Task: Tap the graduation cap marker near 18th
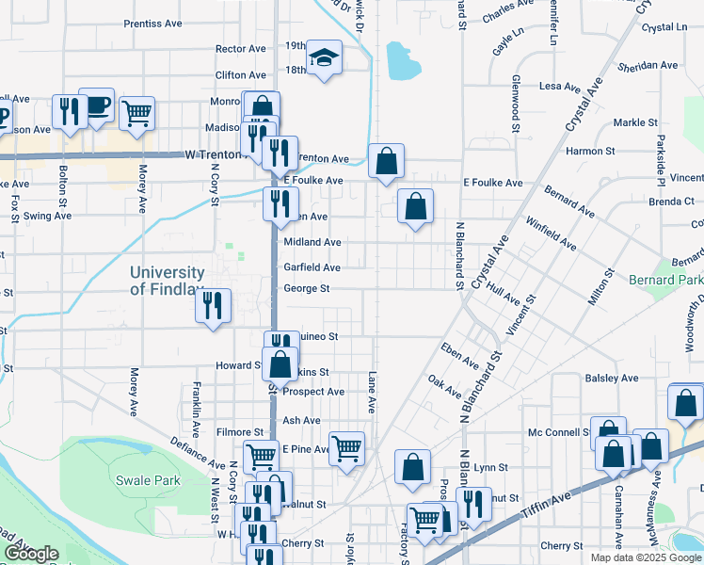coord(325,60)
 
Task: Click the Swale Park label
coord(148,480)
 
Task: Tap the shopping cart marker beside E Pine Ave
coord(347,449)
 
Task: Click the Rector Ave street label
coord(241,48)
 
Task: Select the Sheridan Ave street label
coord(648,66)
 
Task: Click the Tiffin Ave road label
coord(547,508)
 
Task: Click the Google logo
coord(33,554)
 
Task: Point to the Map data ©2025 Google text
coord(645,557)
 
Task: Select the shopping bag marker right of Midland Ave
coord(415,205)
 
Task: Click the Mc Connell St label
coord(559,432)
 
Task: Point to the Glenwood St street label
coord(516,97)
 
